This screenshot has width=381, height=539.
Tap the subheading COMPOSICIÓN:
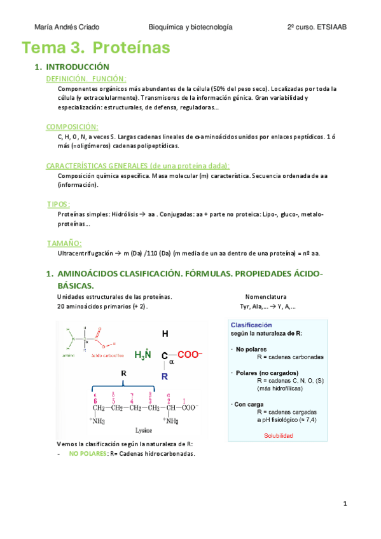tap(72, 126)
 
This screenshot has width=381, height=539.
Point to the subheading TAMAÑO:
tap(65, 243)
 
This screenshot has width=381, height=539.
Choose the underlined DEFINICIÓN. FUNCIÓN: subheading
tap(87, 78)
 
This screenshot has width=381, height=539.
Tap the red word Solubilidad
tap(278, 435)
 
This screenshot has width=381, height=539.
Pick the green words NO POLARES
tap(88, 453)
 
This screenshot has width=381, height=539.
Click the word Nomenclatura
tap(265, 297)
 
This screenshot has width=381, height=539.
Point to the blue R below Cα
tap(164, 376)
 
